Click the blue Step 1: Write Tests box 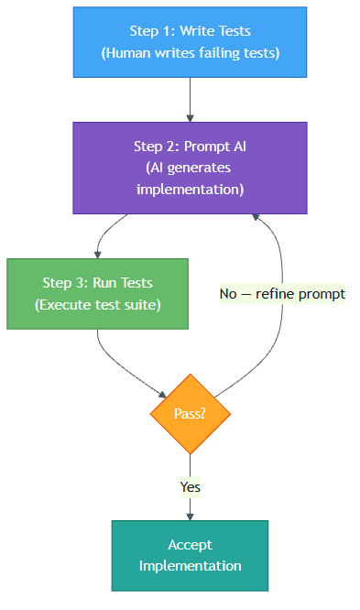[x=190, y=42]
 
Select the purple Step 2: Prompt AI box [x=190, y=167]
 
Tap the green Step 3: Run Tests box [x=97, y=293]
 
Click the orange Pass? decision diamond [x=190, y=414]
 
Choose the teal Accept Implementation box [x=190, y=556]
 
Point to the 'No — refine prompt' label [x=282, y=294]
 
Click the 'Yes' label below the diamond [x=190, y=487]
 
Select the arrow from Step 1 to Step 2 [x=190, y=99]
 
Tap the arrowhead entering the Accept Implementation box [x=190, y=516]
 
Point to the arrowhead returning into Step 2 [x=256, y=219]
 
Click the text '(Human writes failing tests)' [x=190, y=53]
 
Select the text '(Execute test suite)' [x=97, y=304]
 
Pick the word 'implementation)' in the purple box [x=190, y=189]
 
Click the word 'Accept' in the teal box [x=190, y=545]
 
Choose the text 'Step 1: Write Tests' [x=190, y=31]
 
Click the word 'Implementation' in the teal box [x=190, y=566]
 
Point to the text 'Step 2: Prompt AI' [x=190, y=146]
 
